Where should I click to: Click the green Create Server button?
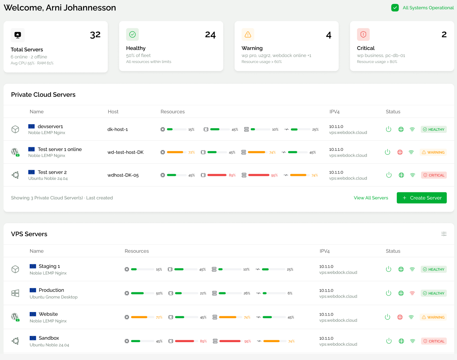pos(422,198)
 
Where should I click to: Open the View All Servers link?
pos(371,198)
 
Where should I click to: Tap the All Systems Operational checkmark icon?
pos(395,8)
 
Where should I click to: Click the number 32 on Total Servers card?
pos(95,35)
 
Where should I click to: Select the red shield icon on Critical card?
pos(363,34)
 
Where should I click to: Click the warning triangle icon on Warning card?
pos(248,34)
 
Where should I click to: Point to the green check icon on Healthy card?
pos(132,34)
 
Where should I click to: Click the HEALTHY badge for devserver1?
pos(433,129)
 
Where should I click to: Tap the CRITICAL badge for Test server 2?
pos(434,175)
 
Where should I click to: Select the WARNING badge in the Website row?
pos(433,317)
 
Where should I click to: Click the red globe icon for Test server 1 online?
pos(400,152)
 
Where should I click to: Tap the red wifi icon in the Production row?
pos(412,293)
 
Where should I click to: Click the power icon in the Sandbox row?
pos(389,341)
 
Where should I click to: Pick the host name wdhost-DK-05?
pos(123,175)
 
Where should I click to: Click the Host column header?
pos(113,111)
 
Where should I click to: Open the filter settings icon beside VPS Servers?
pos(444,234)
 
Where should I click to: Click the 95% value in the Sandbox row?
pos(247,341)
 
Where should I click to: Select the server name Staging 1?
pos(49,266)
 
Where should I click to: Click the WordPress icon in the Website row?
pos(15,317)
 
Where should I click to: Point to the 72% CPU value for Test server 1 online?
pos(191,152)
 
